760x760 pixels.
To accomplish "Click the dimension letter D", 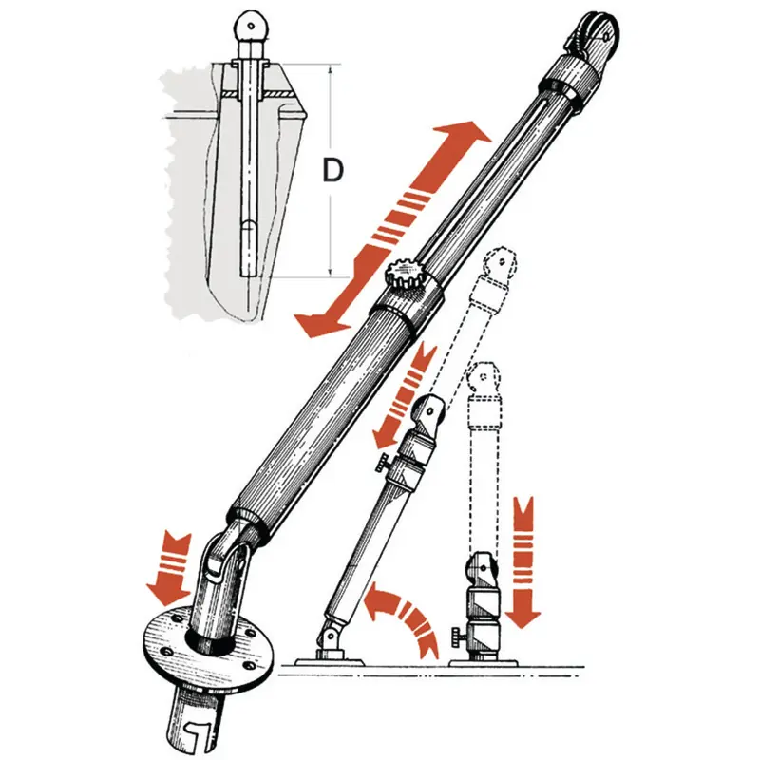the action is point(333,170).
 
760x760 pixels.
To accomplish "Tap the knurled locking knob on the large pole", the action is point(403,275).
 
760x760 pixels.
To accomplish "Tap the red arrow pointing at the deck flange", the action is point(170,570).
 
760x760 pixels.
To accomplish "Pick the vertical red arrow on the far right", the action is point(523,562).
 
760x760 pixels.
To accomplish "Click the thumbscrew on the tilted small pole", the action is point(383,464).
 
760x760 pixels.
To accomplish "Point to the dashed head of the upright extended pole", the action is point(484,376).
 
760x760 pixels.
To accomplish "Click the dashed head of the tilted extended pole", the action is point(500,265).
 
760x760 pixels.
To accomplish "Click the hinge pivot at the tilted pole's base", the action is point(330,635).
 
